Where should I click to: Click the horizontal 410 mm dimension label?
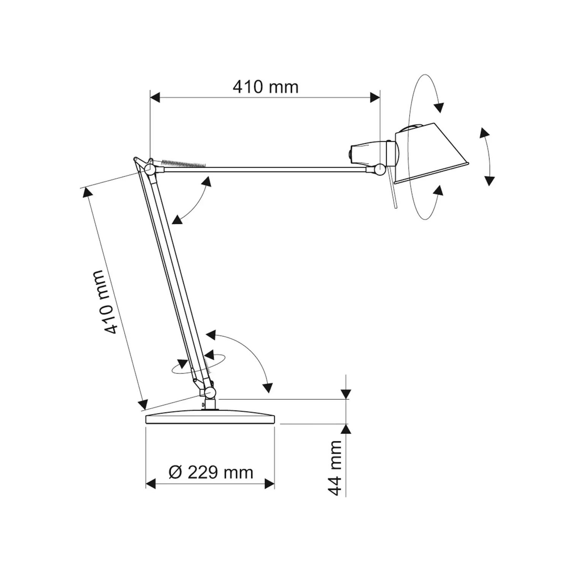tap(266, 87)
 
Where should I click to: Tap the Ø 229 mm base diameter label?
tap(211, 472)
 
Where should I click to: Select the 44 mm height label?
tap(335, 468)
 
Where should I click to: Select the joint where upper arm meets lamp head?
tap(378, 169)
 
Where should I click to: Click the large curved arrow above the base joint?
tap(243, 357)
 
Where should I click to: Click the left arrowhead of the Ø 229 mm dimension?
tap(151, 484)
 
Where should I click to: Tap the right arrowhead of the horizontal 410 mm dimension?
tap(375, 98)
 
